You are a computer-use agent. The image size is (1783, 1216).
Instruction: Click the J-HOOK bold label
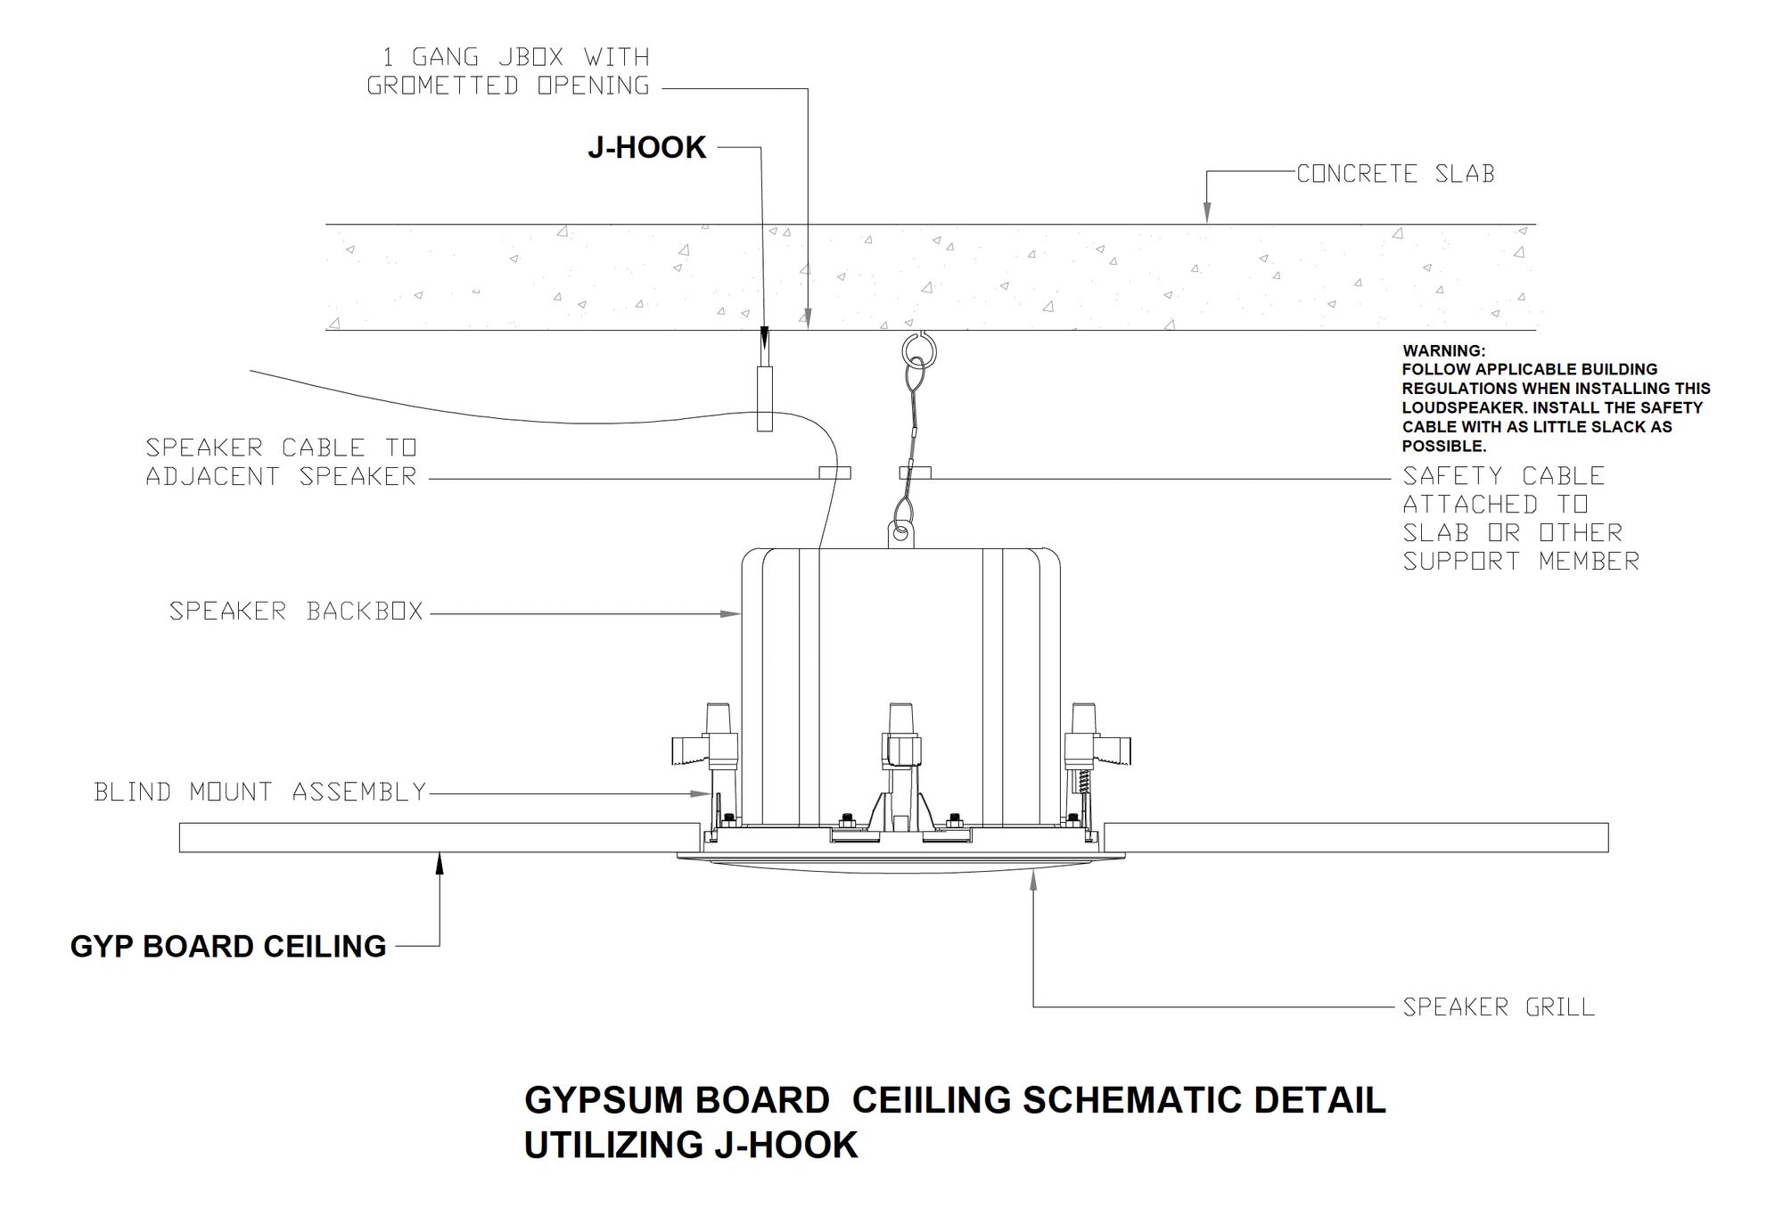click(x=646, y=148)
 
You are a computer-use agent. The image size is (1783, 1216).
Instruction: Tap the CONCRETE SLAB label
click(x=1395, y=174)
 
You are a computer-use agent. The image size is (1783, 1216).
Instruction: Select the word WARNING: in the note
click(x=1443, y=351)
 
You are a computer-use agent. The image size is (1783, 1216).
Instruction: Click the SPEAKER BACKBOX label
click(x=296, y=612)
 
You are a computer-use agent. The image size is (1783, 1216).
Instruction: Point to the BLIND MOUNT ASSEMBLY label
click(x=260, y=792)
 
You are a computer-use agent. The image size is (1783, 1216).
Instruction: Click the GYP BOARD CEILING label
click(x=228, y=946)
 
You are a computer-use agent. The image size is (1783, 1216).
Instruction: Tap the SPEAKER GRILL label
click(x=1499, y=1007)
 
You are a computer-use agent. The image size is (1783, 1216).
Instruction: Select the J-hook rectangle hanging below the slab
click(x=765, y=398)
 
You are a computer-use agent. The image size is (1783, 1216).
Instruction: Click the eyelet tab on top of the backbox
click(x=901, y=534)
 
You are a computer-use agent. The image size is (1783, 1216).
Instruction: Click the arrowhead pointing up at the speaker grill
click(x=1033, y=882)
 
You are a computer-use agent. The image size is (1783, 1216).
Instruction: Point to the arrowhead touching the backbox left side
click(x=731, y=613)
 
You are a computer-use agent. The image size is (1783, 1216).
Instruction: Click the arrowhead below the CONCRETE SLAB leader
click(x=1207, y=213)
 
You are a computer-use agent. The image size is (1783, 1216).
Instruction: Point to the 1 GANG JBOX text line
click(x=516, y=58)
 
